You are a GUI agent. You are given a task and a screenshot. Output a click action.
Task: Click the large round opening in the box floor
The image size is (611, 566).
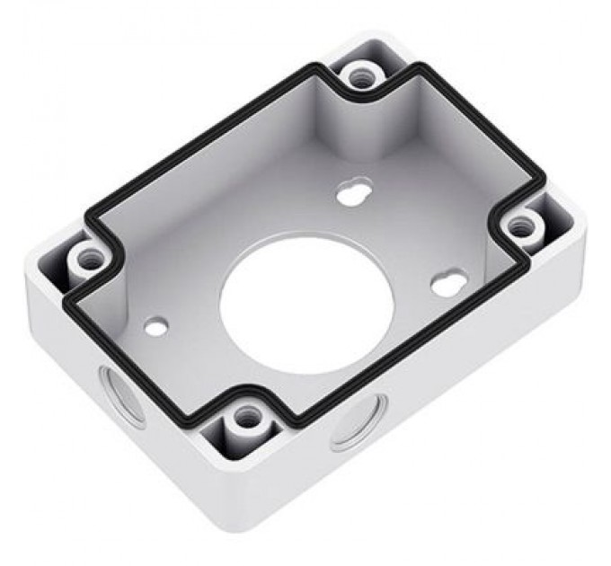[305, 301]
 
